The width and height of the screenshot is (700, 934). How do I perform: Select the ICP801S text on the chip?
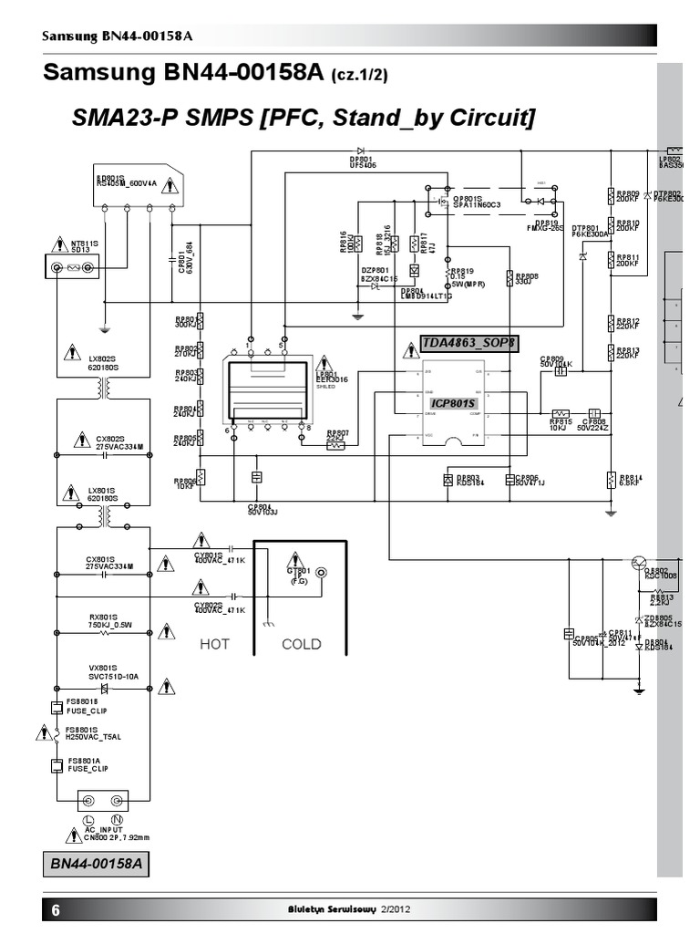pos(453,402)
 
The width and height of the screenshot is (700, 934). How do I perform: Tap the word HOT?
pos(214,644)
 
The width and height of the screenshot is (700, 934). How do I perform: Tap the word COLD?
pos(301,644)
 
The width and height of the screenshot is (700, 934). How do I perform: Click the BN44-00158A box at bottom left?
pos(96,863)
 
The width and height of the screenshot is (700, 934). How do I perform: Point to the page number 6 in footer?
pos(56,910)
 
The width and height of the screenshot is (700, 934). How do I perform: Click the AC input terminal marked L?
pos(89,801)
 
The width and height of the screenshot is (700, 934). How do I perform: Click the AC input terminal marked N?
pos(116,801)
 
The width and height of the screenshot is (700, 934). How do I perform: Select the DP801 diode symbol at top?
pos(361,150)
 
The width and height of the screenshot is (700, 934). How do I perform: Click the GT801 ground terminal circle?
pos(319,574)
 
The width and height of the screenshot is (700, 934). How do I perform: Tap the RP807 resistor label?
pos(337,433)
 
